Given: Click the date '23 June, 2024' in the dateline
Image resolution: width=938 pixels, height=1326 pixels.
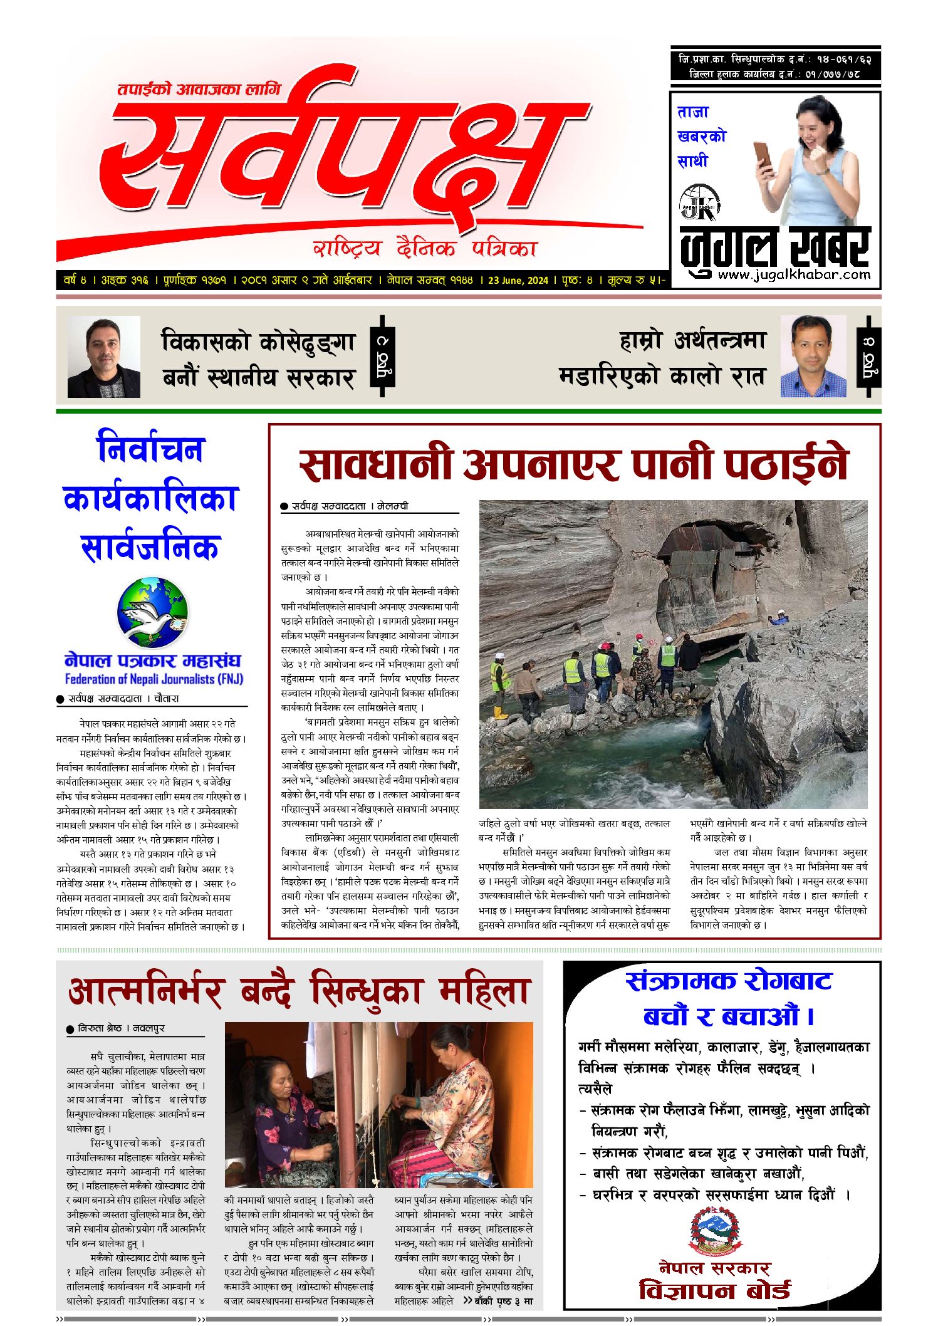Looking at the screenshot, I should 518,280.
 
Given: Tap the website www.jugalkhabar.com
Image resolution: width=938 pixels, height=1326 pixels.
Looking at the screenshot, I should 794,274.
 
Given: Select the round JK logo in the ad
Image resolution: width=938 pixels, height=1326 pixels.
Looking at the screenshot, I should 699,202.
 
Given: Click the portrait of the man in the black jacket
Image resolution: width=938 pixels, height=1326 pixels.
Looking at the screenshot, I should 103,357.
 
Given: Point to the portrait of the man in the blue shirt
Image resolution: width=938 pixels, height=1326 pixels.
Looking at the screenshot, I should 813,356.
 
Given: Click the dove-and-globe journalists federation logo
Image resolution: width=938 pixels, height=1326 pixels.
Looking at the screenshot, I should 152,612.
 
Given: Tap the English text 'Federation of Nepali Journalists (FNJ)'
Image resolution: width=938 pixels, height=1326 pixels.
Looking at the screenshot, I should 154,679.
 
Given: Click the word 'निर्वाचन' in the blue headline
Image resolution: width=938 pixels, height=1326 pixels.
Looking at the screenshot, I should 151,449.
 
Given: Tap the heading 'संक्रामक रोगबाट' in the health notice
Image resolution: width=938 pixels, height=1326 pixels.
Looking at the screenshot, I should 728,981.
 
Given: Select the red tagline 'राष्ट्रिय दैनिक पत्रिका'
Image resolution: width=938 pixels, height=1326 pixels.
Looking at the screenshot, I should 425,249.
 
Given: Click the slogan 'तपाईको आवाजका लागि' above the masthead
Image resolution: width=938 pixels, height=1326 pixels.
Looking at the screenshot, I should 199,89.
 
